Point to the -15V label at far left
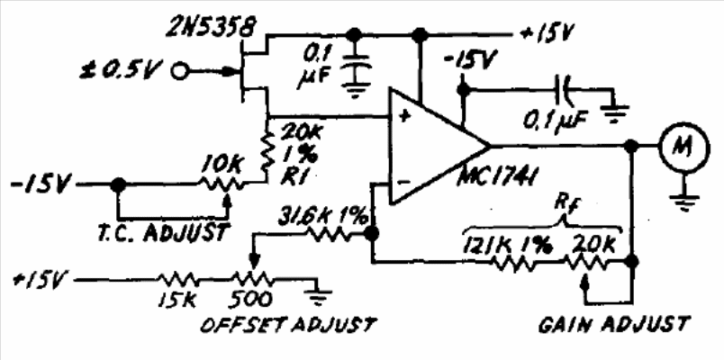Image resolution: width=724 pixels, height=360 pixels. [x=36, y=184]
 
